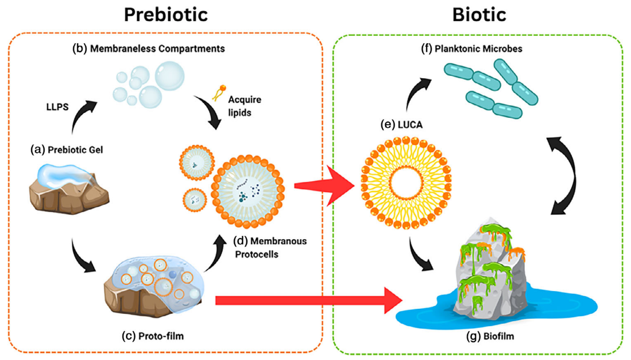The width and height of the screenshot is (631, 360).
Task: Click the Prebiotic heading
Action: [165, 15]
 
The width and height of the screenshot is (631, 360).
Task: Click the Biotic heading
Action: [479, 15]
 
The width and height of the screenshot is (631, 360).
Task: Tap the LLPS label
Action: [57, 107]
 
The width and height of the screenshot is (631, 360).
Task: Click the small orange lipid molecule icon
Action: [219, 93]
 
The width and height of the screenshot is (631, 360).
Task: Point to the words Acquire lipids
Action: [244, 106]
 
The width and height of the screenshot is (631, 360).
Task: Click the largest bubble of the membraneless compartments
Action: [169, 76]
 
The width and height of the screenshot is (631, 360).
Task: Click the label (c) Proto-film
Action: [152, 336]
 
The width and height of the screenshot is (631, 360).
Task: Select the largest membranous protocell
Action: [248, 192]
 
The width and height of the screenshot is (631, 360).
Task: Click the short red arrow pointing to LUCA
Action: [326, 186]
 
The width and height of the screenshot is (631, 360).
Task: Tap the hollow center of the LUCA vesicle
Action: [406, 183]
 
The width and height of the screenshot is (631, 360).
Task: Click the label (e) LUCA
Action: [401, 124]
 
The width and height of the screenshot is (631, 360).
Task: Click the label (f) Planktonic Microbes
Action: [471, 49]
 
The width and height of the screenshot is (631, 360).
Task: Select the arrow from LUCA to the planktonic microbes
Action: [416, 93]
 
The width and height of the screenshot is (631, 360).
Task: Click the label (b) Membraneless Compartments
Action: [148, 49]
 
